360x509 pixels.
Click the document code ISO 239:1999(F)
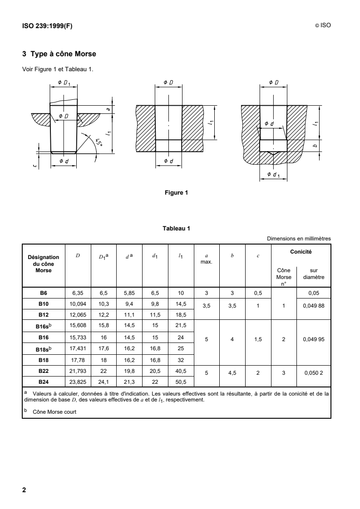47,26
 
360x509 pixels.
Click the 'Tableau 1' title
176,228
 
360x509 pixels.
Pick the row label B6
44,293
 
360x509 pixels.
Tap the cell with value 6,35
78,293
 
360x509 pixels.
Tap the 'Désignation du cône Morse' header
44,264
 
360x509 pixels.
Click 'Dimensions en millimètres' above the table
299,239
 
